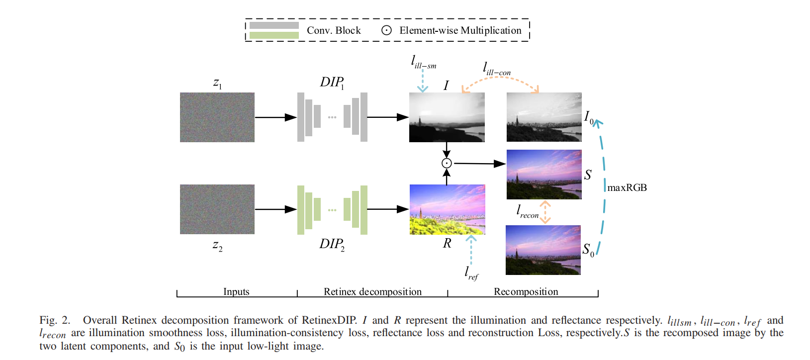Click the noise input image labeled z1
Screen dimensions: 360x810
pos(217,117)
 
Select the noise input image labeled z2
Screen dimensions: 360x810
pos(217,209)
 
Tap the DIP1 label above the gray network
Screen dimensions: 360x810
pos(332,82)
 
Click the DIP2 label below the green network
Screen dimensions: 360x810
pos(332,244)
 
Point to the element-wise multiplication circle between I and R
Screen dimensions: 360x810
pos(447,163)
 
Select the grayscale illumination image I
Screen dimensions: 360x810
pos(447,117)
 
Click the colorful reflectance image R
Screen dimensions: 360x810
pos(447,209)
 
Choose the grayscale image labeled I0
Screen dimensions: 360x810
pos(544,117)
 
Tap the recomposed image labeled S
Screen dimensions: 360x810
pos(544,175)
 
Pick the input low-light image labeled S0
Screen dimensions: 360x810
pos(543,250)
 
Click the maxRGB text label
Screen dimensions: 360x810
pos(627,187)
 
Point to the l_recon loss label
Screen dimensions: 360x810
pos(528,212)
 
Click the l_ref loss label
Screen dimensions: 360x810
pos(471,273)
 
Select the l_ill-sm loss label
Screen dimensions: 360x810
pos(424,62)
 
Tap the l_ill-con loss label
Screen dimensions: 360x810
pos(497,69)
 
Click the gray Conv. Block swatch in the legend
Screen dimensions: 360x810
pos(274,25)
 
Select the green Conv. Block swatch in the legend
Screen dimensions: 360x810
pos(274,35)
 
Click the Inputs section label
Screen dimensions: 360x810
pos(236,291)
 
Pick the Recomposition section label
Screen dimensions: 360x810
pos(526,291)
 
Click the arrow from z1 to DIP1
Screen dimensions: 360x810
pos(275,117)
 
